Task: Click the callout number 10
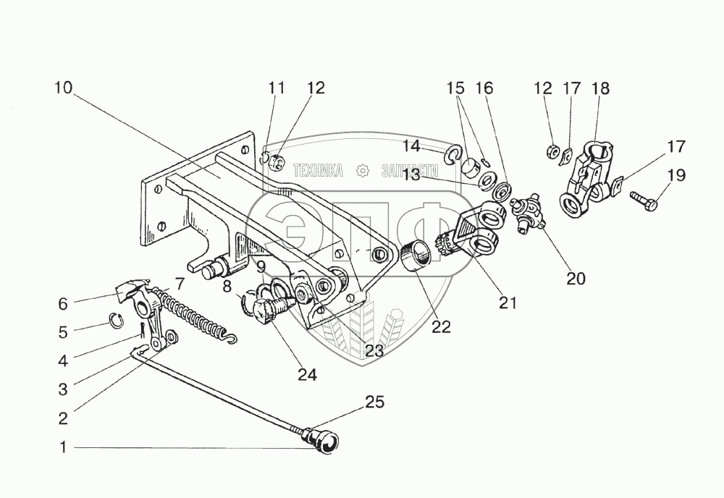64,88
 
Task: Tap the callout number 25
374,402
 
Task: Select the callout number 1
64,447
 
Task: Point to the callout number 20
576,278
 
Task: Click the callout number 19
676,175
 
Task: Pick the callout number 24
307,375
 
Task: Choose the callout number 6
63,304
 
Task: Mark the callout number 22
441,326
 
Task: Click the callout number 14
411,146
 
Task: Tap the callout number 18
600,88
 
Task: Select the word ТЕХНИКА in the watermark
318,170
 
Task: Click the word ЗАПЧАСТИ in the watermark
410,171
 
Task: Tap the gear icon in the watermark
363,171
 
